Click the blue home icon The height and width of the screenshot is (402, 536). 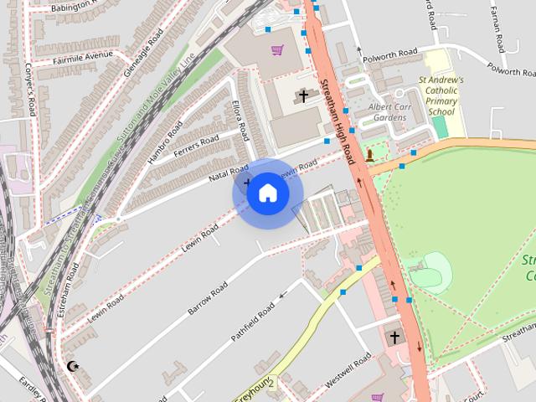point(267,193)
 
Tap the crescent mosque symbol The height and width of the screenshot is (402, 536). point(73,366)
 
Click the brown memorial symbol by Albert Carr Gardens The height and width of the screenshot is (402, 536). point(369,155)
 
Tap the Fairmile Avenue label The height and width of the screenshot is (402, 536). point(81,56)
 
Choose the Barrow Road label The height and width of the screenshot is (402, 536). point(208,298)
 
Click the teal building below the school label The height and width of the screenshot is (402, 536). point(441,127)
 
